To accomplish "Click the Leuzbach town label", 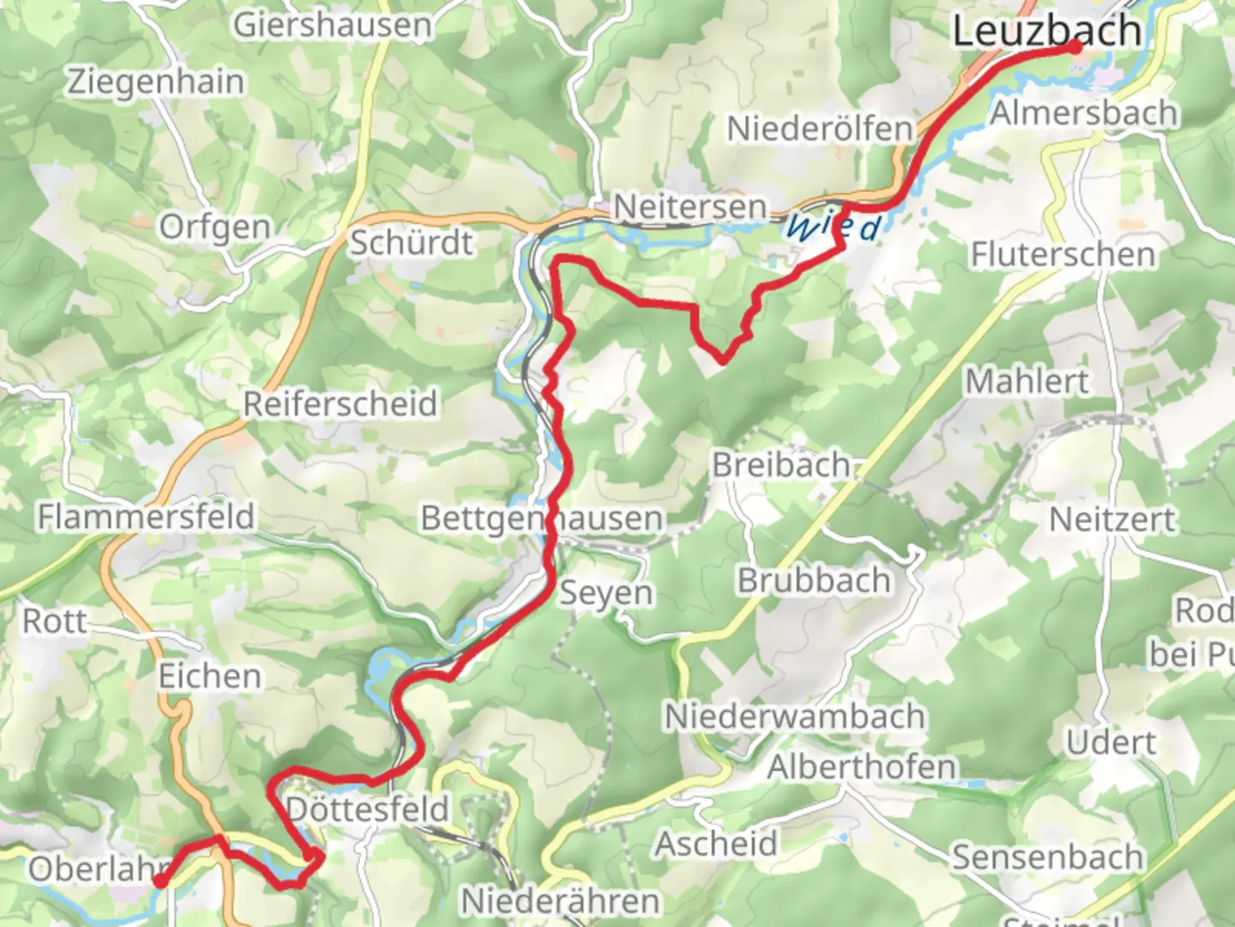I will (1046, 31).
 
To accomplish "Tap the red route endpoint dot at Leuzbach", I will (1075, 49).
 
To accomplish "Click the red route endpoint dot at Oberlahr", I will (160, 881).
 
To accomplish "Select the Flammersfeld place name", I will (146, 517).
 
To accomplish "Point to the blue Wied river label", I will (833, 227).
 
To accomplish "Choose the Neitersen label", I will (690, 207).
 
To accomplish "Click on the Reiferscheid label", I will (340, 403).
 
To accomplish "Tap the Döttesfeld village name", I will (367, 809).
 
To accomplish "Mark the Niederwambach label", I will (795, 716).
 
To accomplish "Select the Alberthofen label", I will (861, 766).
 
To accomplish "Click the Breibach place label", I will (781, 464).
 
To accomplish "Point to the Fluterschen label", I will (1063, 254).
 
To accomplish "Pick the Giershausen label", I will (333, 24).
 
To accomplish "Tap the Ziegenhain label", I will (156, 82).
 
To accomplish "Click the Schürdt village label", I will (411, 243).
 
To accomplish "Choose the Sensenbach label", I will (1047, 857).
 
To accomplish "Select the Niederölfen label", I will (820, 129).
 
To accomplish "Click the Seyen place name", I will (606, 593).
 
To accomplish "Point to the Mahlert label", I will (1027, 380).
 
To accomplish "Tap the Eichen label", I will (210, 676).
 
